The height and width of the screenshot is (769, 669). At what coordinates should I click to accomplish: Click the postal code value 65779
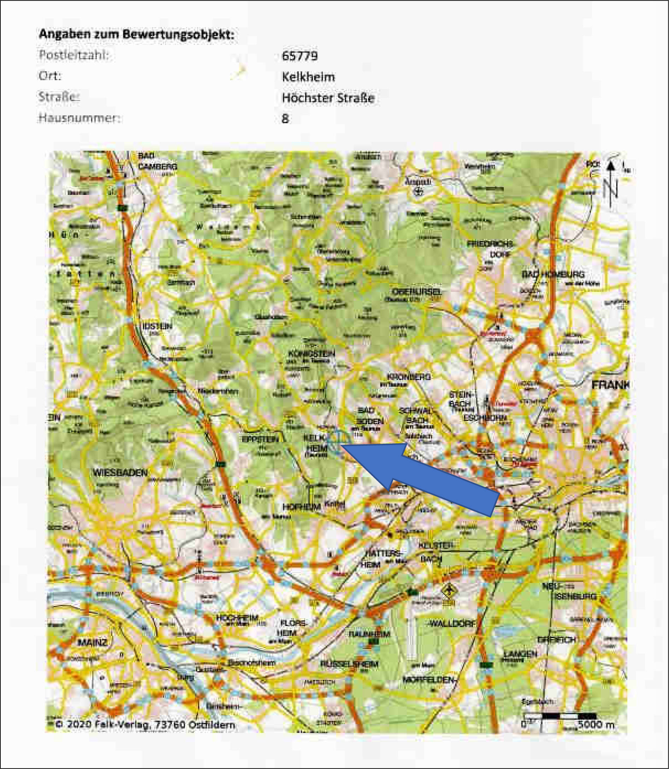pyautogui.click(x=300, y=56)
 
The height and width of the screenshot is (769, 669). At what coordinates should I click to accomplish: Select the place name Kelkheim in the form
pyautogui.click(x=308, y=77)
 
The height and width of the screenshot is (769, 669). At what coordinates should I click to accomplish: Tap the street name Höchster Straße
pyautogui.click(x=328, y=98)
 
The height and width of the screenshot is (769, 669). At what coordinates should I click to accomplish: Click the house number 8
pyautogui.click(x=285, y=119)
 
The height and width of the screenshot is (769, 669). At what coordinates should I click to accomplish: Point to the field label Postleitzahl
pyautogui.click(x=73, y=55)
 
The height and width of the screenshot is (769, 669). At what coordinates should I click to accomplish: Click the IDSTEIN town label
pyautogui.click(x=157, y=326)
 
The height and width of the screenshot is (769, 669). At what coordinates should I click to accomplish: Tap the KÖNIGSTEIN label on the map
pyautogui.click(x=312, y=353)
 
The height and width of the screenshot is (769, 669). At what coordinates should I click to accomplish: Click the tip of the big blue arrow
pyautogui.click(x=341, y=446)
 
